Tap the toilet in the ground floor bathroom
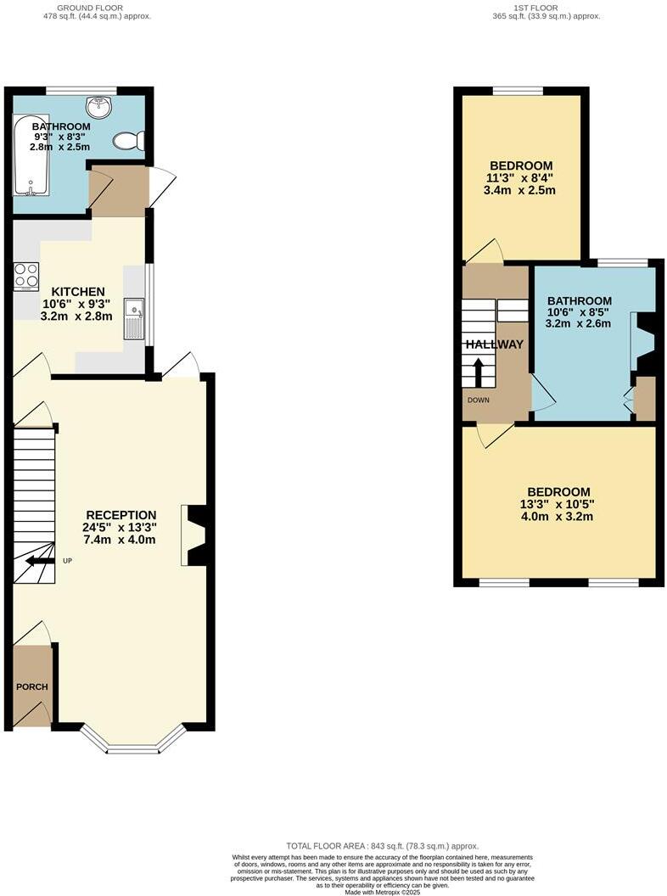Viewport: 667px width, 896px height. (x=131, y=141)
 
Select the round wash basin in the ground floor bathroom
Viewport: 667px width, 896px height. (x=99, y=107)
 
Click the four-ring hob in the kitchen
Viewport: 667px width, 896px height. (x=26, y=276)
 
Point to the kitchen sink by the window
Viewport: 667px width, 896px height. (x=134, y=319)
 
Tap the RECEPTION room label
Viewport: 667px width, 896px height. (x=121, y=514)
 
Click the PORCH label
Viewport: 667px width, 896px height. (x=31, y=686)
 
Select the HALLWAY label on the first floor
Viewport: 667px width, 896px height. (x=494, y=344)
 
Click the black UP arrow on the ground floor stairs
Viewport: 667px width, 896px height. (x=36, y=560)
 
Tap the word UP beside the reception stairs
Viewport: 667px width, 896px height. (x=67, y=560)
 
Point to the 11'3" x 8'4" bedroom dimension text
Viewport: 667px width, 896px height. (x=521, y=178)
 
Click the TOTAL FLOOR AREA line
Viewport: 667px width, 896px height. (x=382, y=846)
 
